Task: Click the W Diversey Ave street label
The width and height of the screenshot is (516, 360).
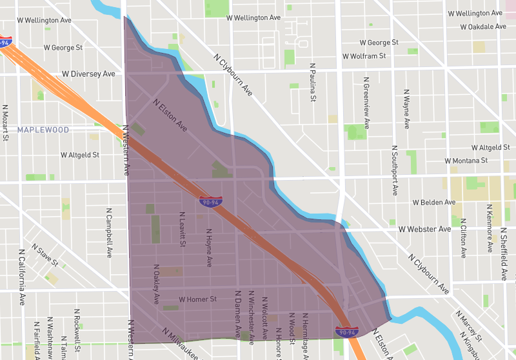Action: click(88, 74)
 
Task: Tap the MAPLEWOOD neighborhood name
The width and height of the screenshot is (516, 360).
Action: click(43, 130)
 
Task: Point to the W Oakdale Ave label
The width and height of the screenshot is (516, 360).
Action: click(483, 27)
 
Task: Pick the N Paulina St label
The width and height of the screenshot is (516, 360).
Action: click(312, 82)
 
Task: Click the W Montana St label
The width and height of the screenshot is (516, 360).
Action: click(466, 161)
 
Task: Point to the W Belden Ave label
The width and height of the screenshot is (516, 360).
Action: click(433, 203)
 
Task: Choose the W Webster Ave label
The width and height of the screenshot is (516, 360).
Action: click(424, 229)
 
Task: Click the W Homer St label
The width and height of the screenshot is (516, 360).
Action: click(197, 299)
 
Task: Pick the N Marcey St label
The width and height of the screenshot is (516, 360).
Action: click(468, 325)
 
